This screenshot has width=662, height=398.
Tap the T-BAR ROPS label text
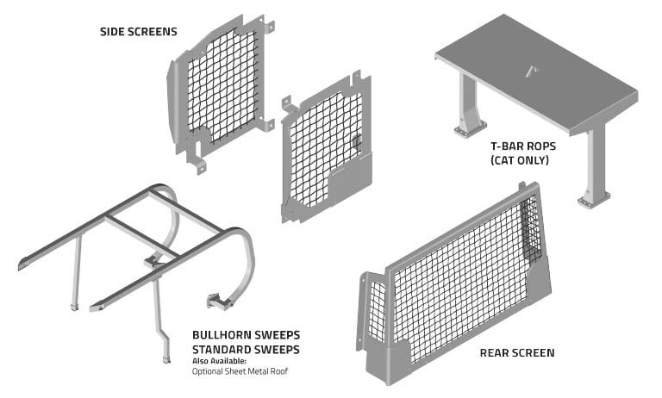[x=521, y=147]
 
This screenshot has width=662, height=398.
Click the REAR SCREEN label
[x=517, y=352]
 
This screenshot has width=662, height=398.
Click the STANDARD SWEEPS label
[x=245, y=347]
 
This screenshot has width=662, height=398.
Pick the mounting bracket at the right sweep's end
[x=217, y=300]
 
